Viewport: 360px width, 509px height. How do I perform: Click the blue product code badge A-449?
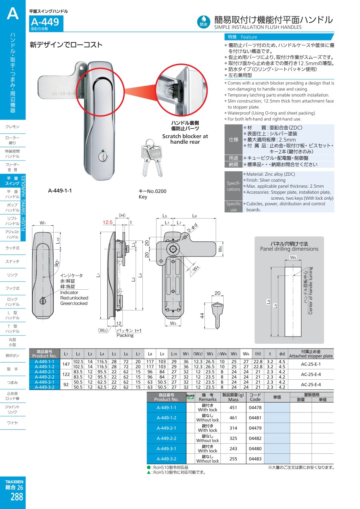(45, 23)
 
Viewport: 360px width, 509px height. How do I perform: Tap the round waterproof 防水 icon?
(204, 21)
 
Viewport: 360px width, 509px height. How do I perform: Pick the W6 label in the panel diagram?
(293, 258)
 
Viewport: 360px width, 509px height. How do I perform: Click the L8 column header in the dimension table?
(150, 354)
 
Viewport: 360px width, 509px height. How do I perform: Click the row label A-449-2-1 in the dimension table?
(44, 372)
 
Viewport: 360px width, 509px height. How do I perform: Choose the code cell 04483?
(255, 459)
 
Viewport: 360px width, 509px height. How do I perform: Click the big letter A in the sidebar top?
(13, 14)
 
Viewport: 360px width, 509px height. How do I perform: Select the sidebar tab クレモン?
(13, 127)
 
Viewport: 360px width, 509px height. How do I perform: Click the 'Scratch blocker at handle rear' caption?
(185, 139)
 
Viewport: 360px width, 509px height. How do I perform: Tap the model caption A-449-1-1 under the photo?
(60, 190)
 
